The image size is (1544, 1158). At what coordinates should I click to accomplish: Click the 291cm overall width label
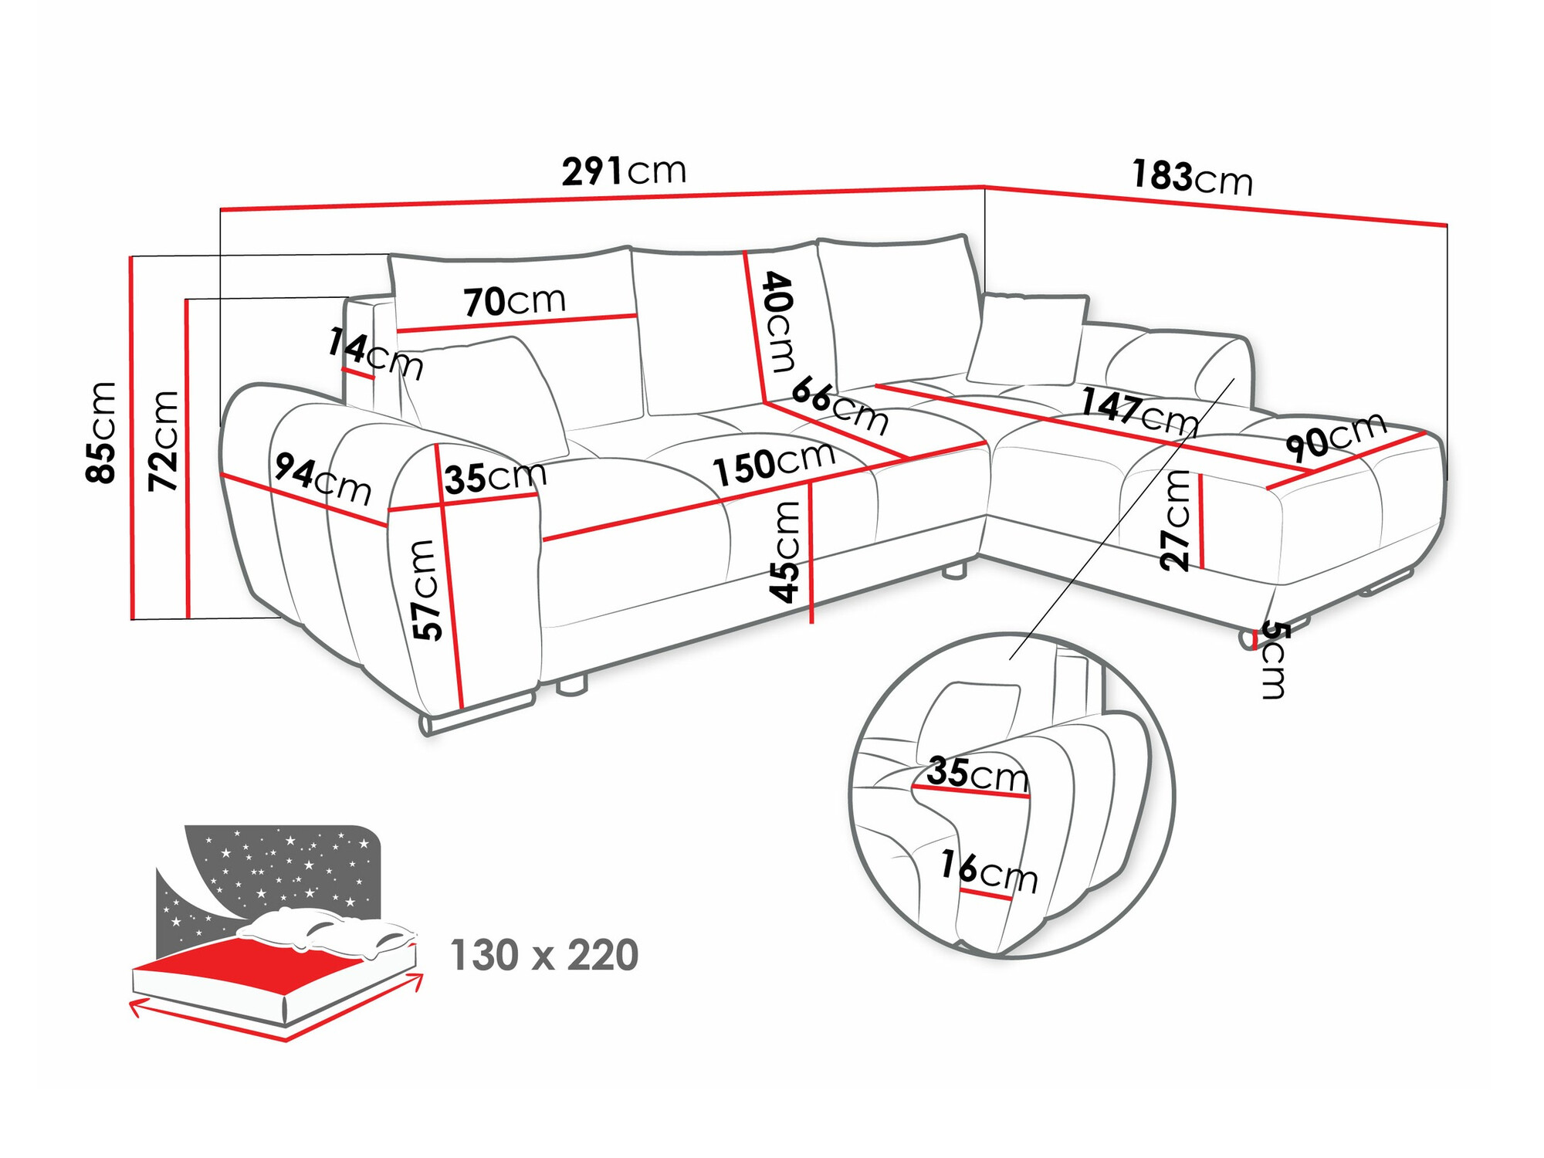click(624, 171)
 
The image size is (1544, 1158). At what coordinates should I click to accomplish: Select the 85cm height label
click(101, 432)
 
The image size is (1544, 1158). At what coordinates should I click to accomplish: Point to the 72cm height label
click(164, 441)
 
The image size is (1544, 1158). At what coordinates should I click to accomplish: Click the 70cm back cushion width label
click(515, 301)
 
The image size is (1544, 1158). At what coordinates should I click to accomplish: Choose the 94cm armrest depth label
click(323, 479)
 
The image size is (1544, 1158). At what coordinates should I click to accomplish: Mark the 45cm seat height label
click(785, 551)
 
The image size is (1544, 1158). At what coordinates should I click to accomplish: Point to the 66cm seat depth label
click(840, 405)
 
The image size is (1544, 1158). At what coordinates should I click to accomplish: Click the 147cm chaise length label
click(1139, 412)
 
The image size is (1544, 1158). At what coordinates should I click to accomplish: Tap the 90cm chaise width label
click(1336, 437)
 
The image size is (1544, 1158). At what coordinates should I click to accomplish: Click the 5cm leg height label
click(1275, 660)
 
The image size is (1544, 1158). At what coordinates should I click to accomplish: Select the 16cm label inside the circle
click(989, 871)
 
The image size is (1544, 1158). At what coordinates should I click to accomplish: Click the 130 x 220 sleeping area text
click(544, 956)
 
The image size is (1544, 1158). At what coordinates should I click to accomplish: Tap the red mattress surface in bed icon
click(255, 957)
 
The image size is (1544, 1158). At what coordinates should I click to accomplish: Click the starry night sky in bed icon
click(293, 865)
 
